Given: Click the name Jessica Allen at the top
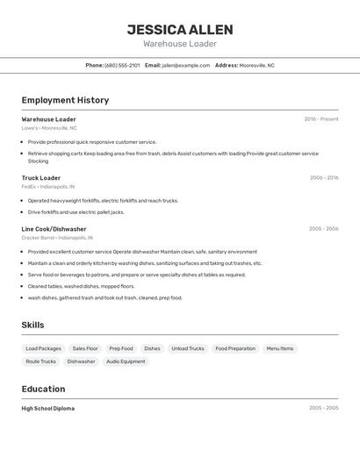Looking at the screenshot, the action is click(180, 30).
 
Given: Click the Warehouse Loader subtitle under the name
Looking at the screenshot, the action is click(180, 44).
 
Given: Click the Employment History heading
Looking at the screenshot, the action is click(65, 100).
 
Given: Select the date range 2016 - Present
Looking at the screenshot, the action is click(321, 119).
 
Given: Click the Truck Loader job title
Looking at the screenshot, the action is click(41, 178).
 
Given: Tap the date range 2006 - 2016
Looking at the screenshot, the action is click(324, 178).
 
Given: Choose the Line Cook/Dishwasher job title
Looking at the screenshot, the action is click(54, 229).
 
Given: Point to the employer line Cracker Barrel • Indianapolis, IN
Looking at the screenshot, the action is click(57, 238).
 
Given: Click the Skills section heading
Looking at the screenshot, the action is click(33, 325).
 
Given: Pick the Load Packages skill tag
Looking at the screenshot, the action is click(44, 348).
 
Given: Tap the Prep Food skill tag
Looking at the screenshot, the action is click(121, 348).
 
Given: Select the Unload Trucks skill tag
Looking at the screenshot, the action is click(188, 348).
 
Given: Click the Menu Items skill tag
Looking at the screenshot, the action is click(280, 348).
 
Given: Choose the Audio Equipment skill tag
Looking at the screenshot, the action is click(126, 361).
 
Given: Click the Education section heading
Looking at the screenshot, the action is click(43, 390).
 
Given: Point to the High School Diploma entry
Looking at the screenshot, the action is click(48, 409).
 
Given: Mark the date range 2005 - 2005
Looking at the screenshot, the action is click(324, 409).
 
